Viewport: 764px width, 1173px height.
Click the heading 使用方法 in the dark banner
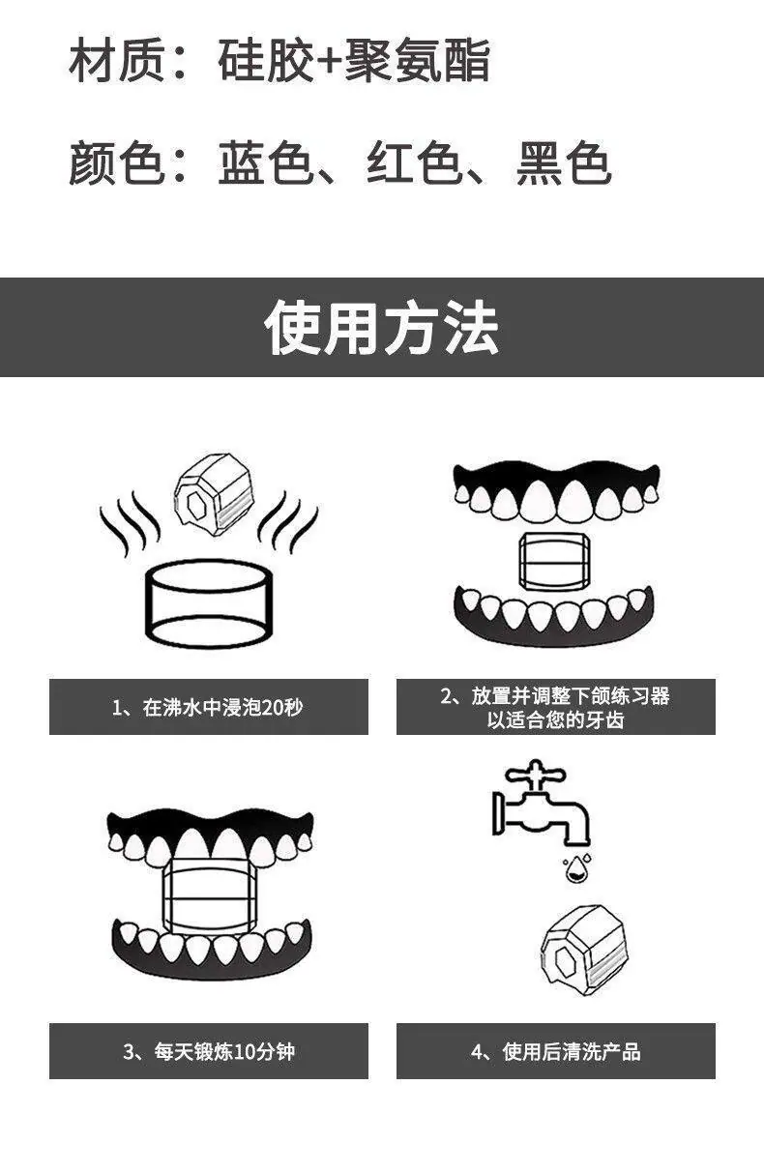pyautogui.click(x=382, y=327)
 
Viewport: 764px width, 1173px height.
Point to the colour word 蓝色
pyautogui.click(x=266, y=162)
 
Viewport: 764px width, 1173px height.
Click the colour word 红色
pyautogui.click(x=414, y=162)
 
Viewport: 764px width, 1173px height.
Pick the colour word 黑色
pyautogui.click(x=564, y=162)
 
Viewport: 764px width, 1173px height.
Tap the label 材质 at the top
pyautogui.click(x=116, y=60)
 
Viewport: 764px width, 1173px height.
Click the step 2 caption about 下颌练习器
pyautogui.click(x=555, y=708)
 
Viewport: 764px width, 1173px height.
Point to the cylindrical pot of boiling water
pyautogui.click(x=209, y=603)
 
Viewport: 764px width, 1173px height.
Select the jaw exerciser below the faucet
pyautogui.click(x=583, y=950)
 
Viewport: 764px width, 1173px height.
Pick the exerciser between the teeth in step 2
pyautogui.click(x=554, y=562)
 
